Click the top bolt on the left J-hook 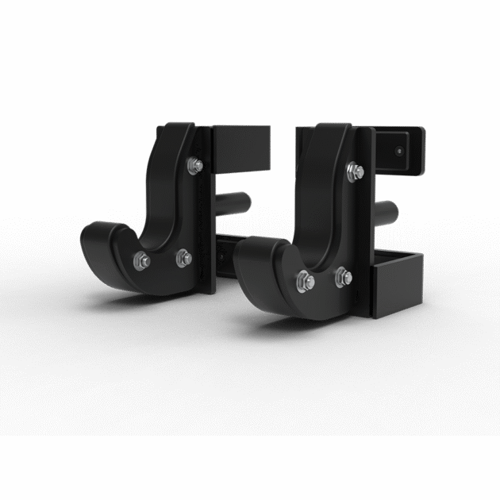pos(194,164)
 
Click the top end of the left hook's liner pos(175,132)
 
